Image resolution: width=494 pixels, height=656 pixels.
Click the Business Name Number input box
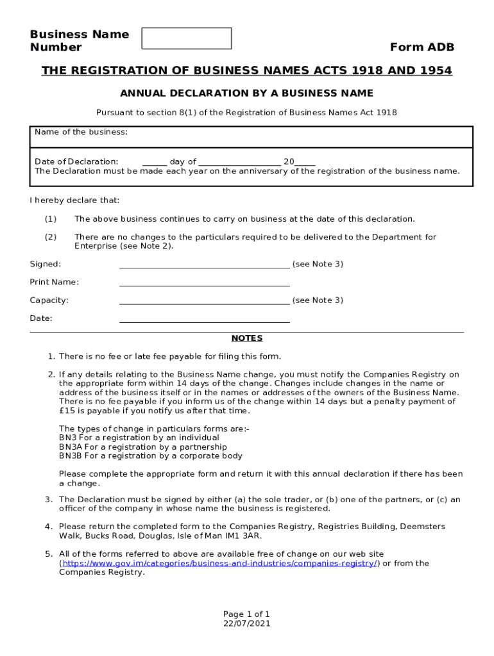point(186,38)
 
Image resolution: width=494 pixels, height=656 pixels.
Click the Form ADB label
point(422,47)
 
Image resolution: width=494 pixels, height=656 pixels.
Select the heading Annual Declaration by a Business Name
point(246,93)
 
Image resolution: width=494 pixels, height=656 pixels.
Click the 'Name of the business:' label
point(81,132)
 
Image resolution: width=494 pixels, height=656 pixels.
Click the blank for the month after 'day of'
point(239,162)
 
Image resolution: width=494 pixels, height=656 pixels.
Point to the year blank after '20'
point(305,162)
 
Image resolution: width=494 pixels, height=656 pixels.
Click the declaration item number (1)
point(51,219)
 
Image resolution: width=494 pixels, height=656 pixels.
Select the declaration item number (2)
point(51,237)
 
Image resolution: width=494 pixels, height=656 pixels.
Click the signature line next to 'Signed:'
point(204,265)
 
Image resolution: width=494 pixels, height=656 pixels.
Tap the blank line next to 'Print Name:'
point(204,283)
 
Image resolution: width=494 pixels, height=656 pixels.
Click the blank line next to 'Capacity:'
point(204,300)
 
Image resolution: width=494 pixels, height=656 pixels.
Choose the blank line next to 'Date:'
point(204,318)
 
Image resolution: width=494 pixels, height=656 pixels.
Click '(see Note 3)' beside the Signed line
point(318,264)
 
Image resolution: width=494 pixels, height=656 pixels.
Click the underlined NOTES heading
point(246,338)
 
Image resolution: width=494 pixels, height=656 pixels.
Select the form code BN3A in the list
point(70,447)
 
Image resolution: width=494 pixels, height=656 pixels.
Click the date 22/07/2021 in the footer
point(246,623)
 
